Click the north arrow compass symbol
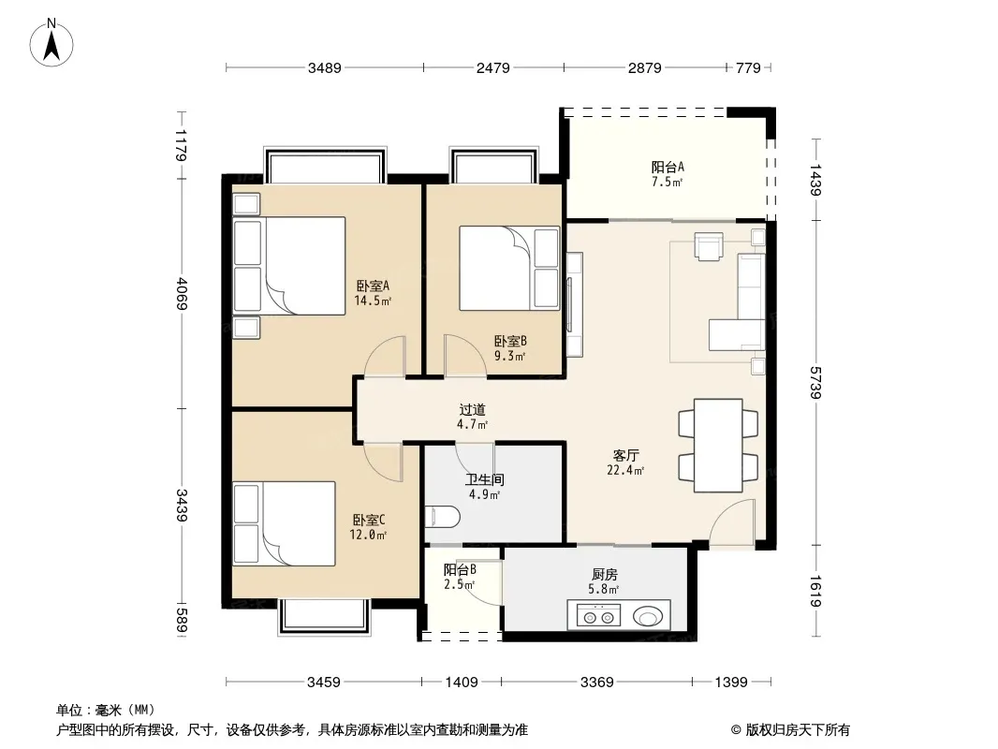pos(51,43)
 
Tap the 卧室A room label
pos(373,286)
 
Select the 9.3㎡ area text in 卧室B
pos(510,357)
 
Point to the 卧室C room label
pos(369,520)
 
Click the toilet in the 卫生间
pos(442,517)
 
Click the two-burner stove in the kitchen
pos(598,616)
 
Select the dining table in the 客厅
pos(718,446)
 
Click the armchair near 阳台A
pos(709,247)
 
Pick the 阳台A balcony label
pos(668,167)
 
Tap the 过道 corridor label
pos(472,410)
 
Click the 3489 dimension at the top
pos(325,67)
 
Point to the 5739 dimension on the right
pos(815,382)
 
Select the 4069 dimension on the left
pos(182,293)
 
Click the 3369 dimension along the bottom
pos(597,683)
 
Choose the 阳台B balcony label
pos(460,569)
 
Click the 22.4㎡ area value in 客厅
pos(625,470)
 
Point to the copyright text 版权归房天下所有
pos(798,730)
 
